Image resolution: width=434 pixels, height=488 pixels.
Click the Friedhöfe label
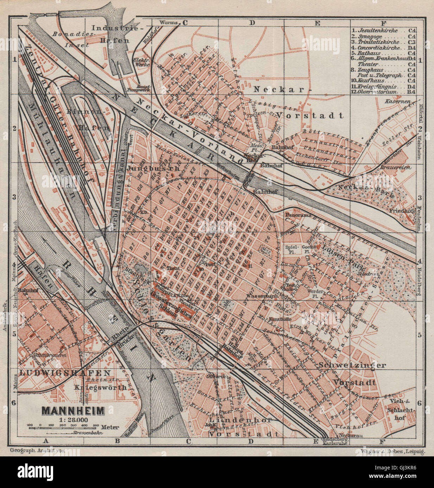[x=402, y=211]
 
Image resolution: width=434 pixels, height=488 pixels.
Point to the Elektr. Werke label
[x=141, y=62]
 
